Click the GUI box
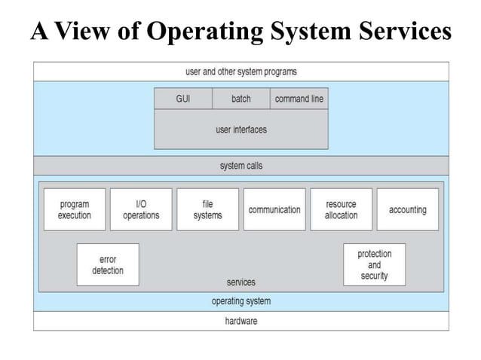coord(182,99)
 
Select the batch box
coord(240,99)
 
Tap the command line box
coord(299,99)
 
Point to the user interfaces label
coord(240,130)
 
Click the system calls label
coord(240,166)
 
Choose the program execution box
coord(75,209)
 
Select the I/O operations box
coord(141,209)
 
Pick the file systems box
coord(207,209)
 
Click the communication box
coord(274,209)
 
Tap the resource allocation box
coord(341,209)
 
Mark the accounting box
coord(407,209)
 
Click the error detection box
coord(108,264)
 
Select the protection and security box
coord(374,264)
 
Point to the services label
coord(240,282)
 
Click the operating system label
coord(240,301)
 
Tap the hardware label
coord(240,321)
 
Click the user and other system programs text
coord(240,72)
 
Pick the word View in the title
coord(84,32)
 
